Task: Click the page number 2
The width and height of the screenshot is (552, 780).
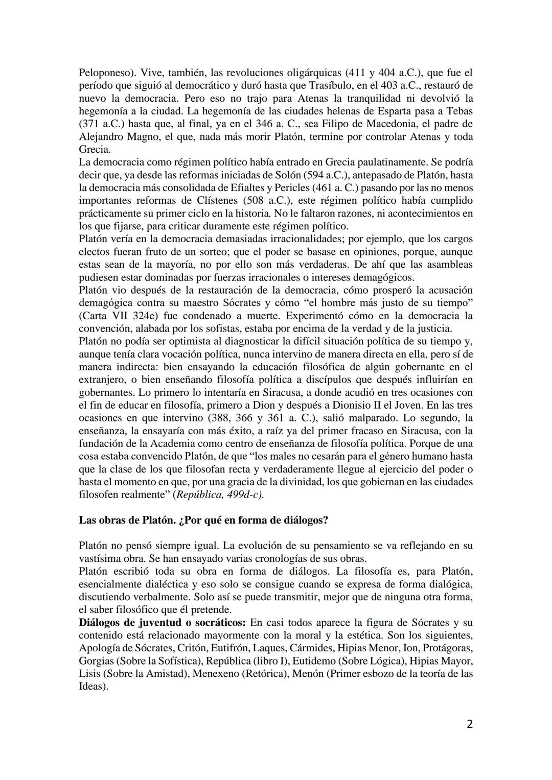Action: pos(469,724)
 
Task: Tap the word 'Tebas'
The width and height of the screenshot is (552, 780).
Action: pos(458,111)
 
